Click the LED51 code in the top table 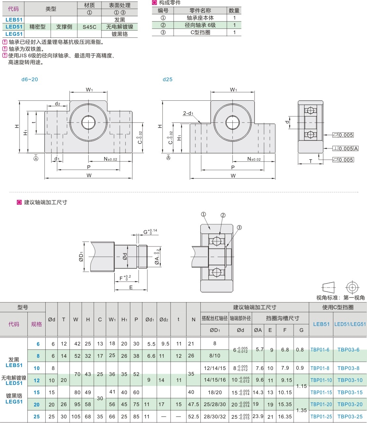(x=14, y=27)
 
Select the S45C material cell (x=89, y=27)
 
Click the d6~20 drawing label (x=30, y=79)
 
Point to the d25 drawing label (x=168, y=79)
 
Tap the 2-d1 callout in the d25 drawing (x=188, y=113)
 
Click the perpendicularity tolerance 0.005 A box (x=346, y=149)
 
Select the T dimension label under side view (x=310, y=161)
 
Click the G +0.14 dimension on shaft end (x=150, y=232)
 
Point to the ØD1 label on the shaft (x=81, y=257)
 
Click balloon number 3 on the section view (x=239, y=228)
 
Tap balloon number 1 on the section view (x=203, y=214)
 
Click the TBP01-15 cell (x=321, y=393)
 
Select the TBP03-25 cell (x=350, y=416)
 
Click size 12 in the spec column (x=37, y=381)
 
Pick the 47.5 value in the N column (x=193, y=404)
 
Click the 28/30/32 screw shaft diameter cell (x=215, y=416)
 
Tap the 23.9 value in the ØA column (x=258, y=416)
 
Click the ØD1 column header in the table (x=215, y=330)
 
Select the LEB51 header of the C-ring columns (x=321, y=324)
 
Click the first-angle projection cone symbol (x=328, y=287)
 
